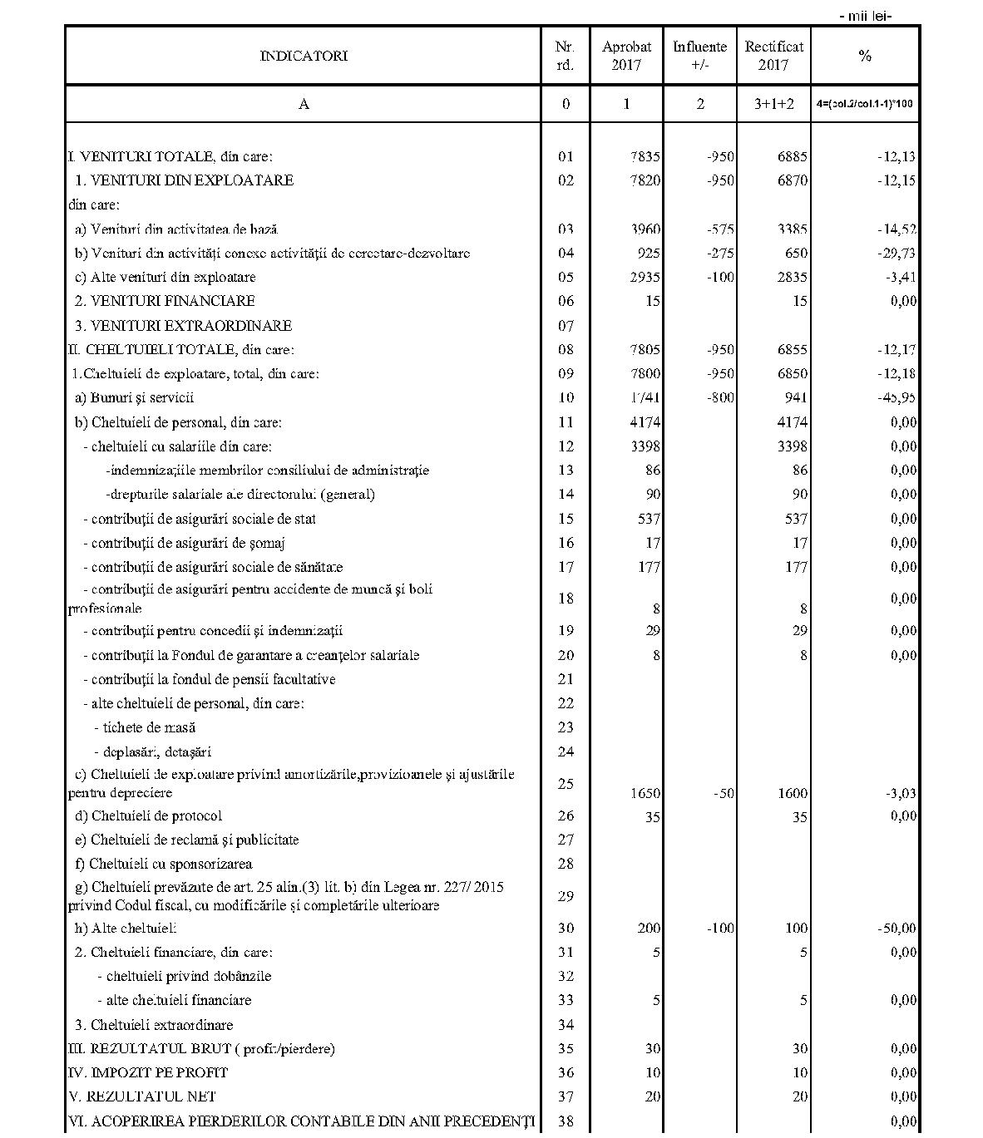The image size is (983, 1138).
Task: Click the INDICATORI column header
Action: click(x=304, y=56)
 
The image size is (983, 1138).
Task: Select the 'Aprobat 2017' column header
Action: click(x=626, y=56)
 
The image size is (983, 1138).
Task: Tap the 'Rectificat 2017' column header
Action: click(x=773, y=56)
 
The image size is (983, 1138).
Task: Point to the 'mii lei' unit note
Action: click(x=865, y=16)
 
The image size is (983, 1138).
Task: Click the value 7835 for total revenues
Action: click(x=645, y=156)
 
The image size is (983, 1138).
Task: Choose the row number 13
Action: click(x=566, y=470)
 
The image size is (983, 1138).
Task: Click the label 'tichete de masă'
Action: click(x=145, y=727)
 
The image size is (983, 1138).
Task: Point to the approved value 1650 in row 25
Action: click(x=645, y=793)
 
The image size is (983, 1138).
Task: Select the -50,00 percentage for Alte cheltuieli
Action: click(x=897, y=928)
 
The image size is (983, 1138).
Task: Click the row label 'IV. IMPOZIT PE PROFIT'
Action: click(x=148, y=1072)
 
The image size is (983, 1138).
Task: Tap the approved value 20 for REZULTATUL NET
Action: click(x=652, y=1096)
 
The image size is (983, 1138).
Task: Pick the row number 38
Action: click(x=566, y=1121)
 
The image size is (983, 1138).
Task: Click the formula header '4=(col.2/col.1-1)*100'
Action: click(x=865, y=104)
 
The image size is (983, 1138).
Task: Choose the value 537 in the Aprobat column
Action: click(x=648, y=519)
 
